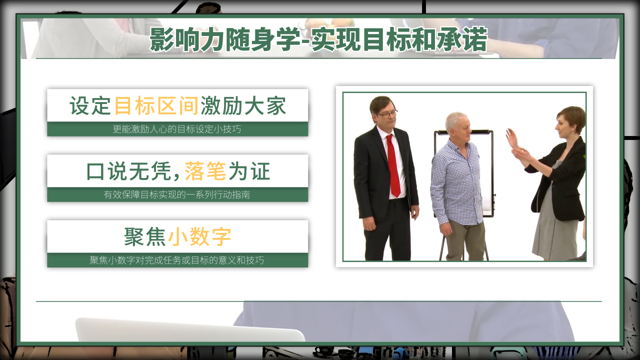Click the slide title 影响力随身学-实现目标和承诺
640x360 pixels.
318,39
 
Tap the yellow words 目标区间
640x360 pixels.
156,105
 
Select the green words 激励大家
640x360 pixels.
243,105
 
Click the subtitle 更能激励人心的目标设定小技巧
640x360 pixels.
177,129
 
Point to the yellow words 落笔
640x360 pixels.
205,171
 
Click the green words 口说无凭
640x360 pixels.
129,171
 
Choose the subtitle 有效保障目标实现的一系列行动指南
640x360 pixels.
177,194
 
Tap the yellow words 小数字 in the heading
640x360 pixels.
199,236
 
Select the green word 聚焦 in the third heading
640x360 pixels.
145,236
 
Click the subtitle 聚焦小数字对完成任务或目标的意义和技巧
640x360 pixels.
177,260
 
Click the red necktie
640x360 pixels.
393,165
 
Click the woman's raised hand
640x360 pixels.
512,138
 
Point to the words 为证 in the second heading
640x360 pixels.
249,171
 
